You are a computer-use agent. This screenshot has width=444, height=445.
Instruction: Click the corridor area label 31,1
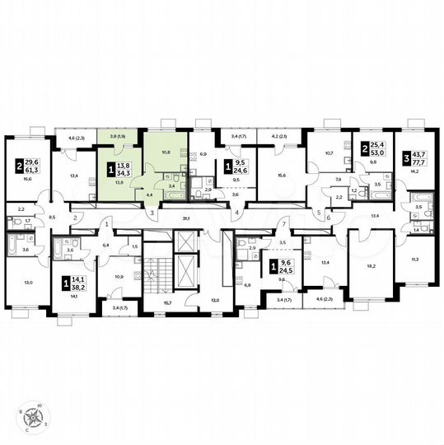click(187, 218)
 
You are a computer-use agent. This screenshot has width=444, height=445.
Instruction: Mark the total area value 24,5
click(287, 270)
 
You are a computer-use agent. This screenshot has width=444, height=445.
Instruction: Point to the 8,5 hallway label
click(53, 217)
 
